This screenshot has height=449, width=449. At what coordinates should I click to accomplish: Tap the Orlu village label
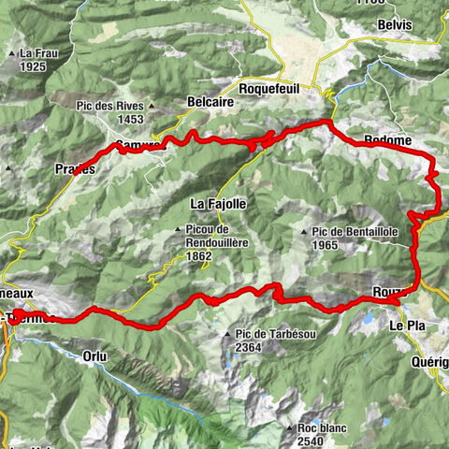94,355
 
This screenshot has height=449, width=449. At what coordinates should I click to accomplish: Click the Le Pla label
407,326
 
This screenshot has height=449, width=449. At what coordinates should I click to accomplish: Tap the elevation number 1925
32,67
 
